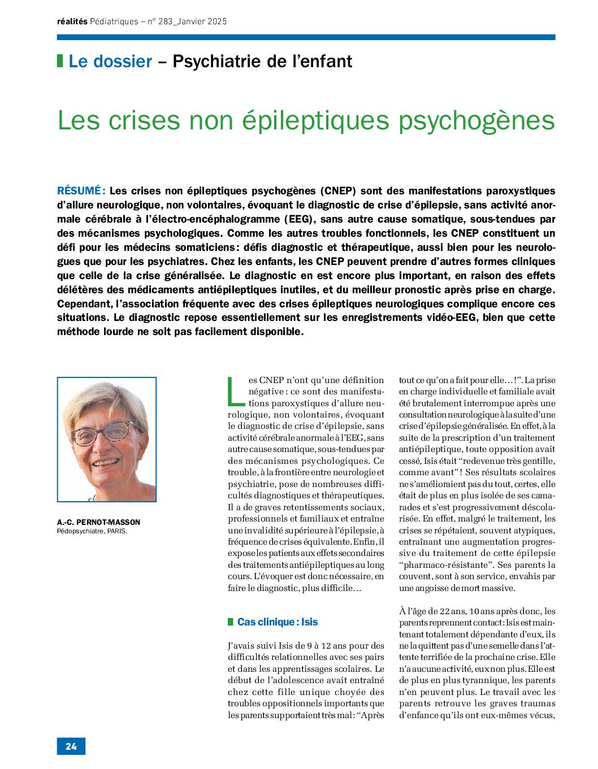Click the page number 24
pyautogui.click(x=71, y=746)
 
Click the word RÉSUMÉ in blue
pyautogui.click(x=78, y=191)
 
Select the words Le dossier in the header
pyautogui.click(x=110, y=61)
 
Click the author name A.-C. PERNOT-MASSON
pyautogui.click(x=98, y=522)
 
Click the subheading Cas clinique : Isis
pyautogui.click(x=278, y=622)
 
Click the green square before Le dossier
pyautogui.click(x=60, y=61)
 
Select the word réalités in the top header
pyautogui.click(x=72, y=21)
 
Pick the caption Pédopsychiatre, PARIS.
pyautogui.click(x=92, y=531)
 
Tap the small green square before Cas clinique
pyautogui.click(x=231, y=622)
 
